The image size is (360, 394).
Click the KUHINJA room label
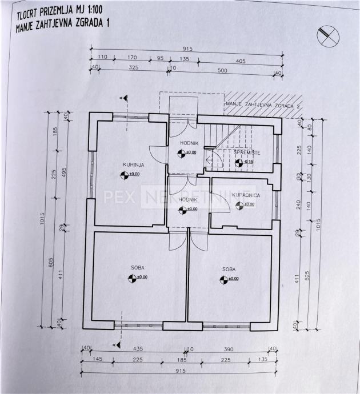133,164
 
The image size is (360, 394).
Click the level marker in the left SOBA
132,278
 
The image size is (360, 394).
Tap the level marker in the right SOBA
223,279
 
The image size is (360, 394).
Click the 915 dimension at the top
186,49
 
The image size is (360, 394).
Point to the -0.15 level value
249,162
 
